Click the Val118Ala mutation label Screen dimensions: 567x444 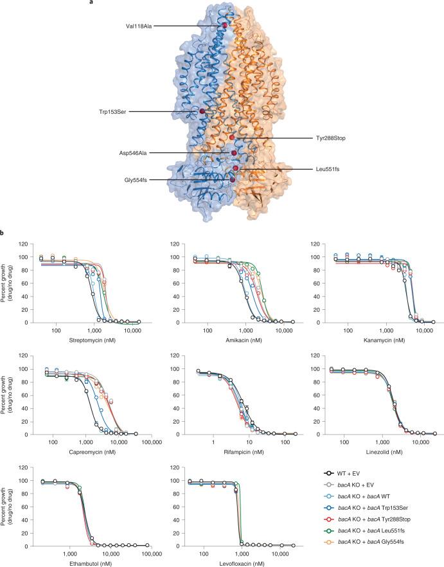click(x=140, y=26)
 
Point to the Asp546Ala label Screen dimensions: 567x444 click(x=136, y=153)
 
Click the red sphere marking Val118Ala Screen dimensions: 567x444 click(x=225, y=25)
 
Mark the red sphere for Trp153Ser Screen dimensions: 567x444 click(x=202, y=112)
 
